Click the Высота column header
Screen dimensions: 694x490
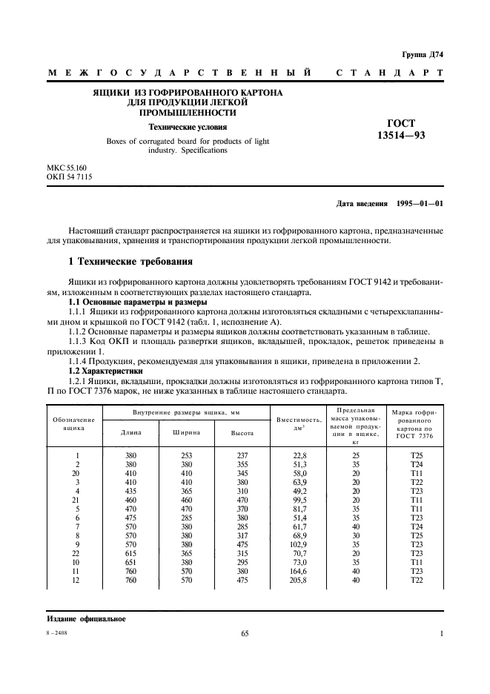click(x=242, y=432)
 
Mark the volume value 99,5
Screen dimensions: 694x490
click(x=297, y=499)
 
